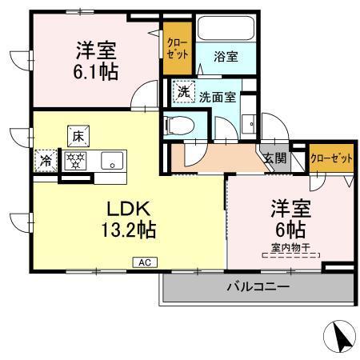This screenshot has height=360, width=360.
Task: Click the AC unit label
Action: (144, 261)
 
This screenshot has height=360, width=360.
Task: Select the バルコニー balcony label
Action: (257, 286)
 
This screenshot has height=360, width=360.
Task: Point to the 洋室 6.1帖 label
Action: (96, 60)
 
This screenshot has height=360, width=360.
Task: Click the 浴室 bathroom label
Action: (226, 58)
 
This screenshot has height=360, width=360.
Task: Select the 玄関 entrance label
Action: (275, 158)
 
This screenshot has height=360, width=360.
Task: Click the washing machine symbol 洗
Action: (183, 93)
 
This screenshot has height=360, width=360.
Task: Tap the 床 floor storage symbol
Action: (78, 135)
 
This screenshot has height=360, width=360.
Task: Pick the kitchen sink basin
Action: (111, 159)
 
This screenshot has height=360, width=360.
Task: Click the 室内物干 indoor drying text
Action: (290, 248)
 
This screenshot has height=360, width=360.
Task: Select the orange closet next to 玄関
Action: (331, 158)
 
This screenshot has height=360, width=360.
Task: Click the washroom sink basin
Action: (249, 124)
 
